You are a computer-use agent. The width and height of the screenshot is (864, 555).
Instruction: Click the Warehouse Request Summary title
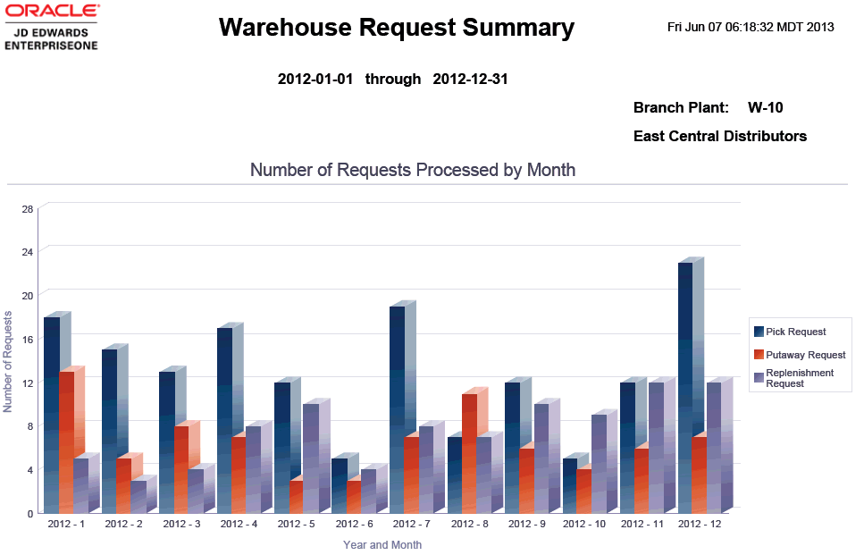pyautogui.click(x=396, y=28)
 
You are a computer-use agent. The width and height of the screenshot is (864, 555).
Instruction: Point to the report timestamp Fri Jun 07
pyautogui.click(x=751, y=27)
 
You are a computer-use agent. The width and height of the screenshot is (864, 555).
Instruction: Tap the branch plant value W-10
pyautogui.click(x=765, y=108)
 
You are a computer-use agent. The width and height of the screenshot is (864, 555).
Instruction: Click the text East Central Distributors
pyautogui.click(x=719, y=137)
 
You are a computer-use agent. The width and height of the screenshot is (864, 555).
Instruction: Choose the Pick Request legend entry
pyautogui.click(x=795, y=332)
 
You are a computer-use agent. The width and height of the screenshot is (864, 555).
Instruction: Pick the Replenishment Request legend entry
pyautogui.click(x=799, y=378)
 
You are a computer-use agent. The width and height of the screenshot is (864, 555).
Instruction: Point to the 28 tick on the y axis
pyautogui.click(x=28, y=209)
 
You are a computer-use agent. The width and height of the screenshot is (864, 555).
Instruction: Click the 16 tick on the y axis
pyautogui.click(x=28, y=340)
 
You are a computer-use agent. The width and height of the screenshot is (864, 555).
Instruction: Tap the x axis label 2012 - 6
pyautogui.click(x=354, y=524)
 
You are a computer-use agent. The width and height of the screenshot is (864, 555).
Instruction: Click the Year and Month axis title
pyautogui.click(x=382, y=544)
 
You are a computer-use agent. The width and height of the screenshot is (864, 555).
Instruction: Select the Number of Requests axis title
pyautogui.click(x=8, y=361)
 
